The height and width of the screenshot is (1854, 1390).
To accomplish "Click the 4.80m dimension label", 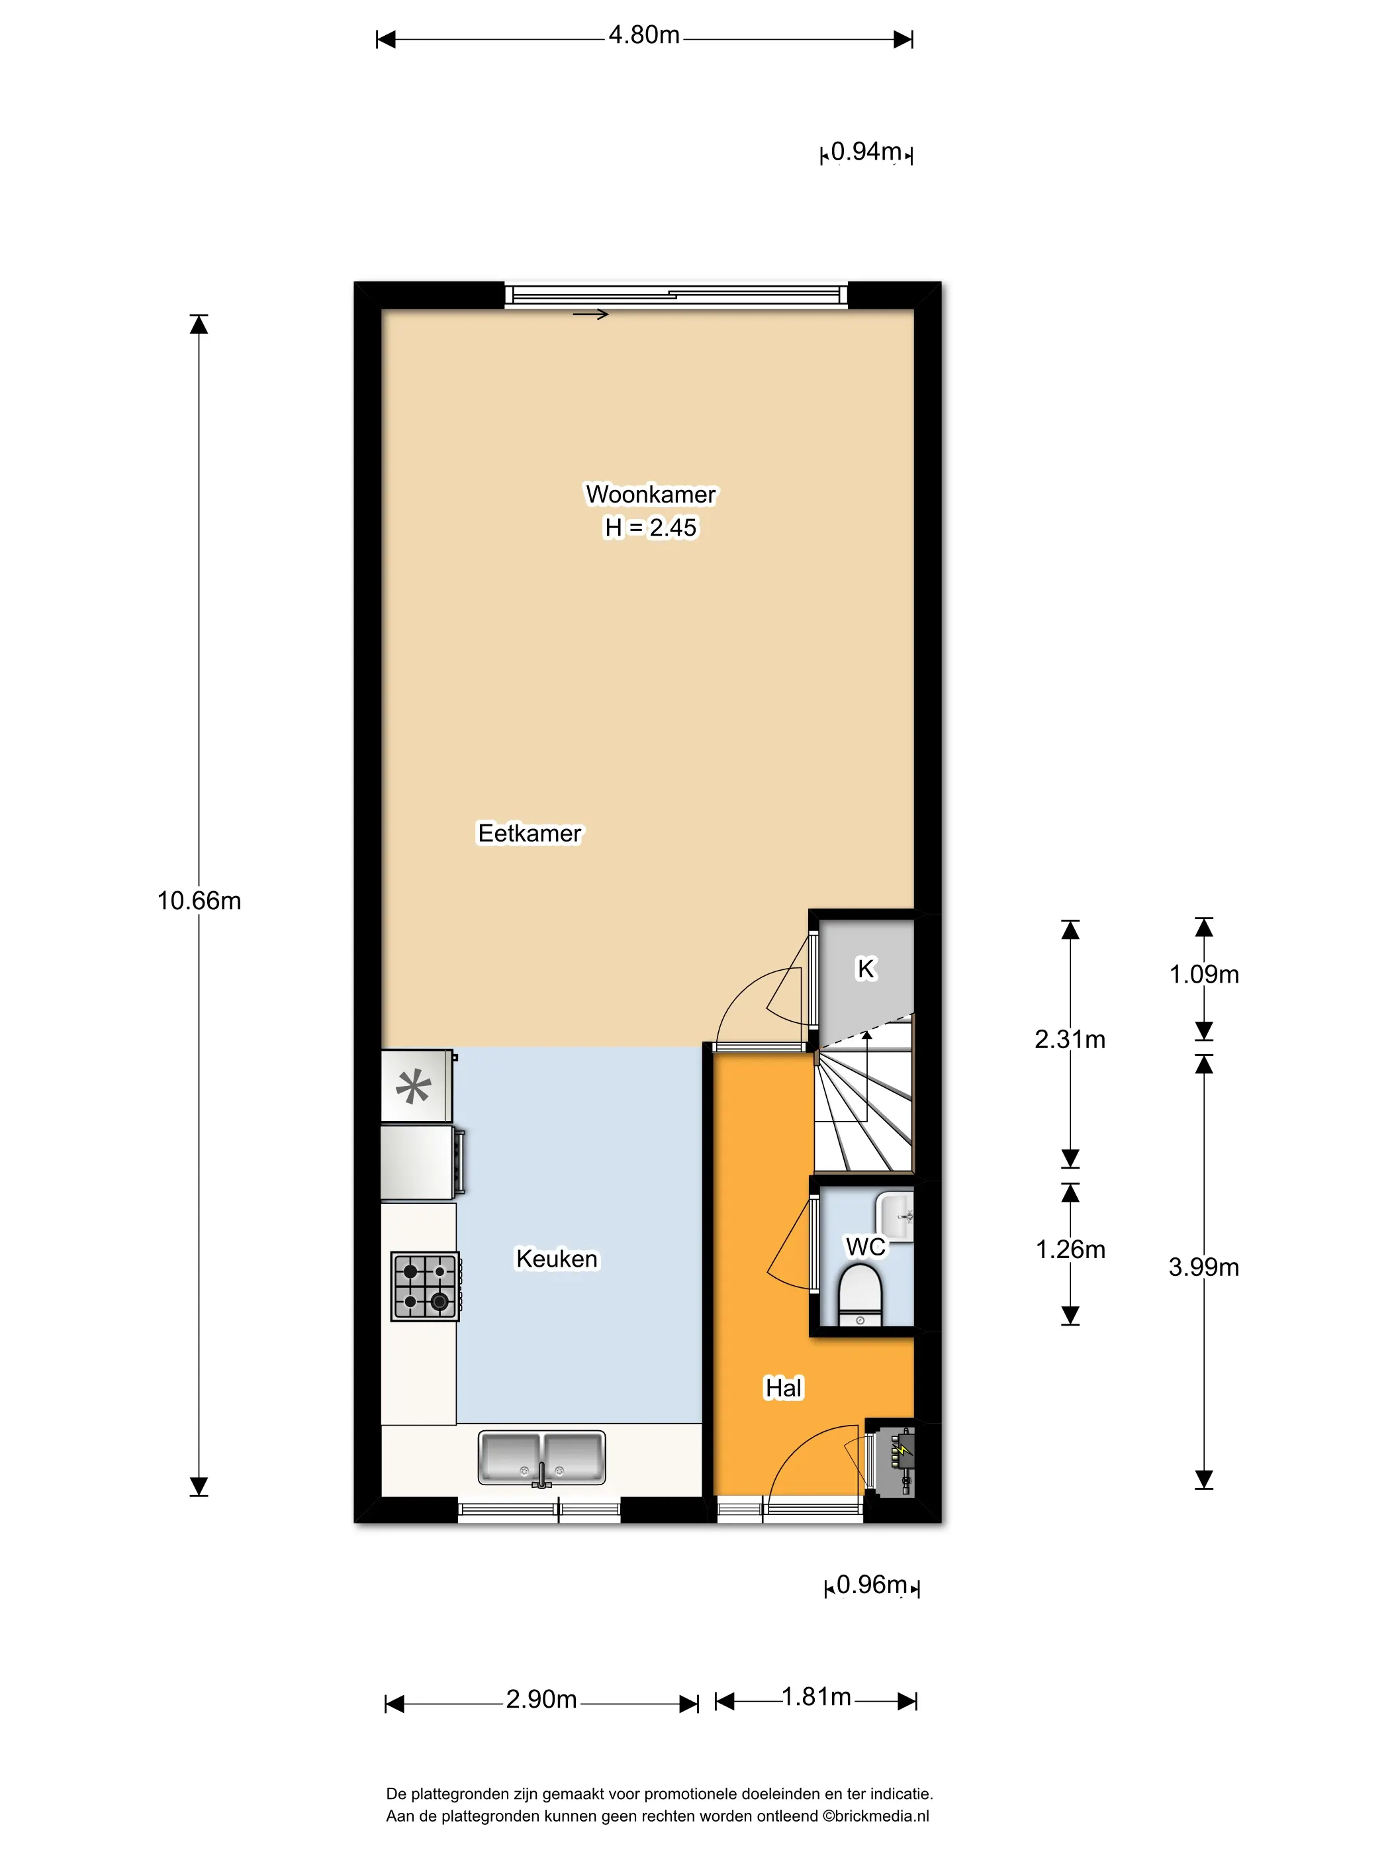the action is click(643, 35).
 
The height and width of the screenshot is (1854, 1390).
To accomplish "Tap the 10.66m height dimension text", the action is click(199, 901).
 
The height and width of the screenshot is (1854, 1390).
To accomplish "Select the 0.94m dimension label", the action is click(866, 152).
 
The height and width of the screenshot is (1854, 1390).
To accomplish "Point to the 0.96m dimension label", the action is click(871, 1585).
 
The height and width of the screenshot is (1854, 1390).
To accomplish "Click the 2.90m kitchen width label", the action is click(541, 1699).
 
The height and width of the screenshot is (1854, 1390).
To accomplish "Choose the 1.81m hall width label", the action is click(816, 1697).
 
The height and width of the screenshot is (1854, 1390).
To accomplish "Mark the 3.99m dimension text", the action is click(1204, 1267).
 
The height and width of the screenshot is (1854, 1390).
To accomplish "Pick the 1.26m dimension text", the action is click(1070, 1249).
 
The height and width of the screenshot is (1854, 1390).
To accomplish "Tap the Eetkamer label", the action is click(530, 833).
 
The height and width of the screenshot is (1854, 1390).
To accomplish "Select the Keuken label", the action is click(557, 1259).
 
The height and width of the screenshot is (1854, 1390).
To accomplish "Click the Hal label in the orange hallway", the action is click(784, 1388).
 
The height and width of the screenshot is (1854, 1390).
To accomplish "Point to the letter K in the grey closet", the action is click(866, 969).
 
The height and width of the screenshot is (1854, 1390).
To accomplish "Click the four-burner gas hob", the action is click(426, 1287).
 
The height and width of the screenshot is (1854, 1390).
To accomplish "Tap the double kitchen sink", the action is click(541, 1459).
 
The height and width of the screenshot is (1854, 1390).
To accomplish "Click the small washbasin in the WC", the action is click(895, 1217).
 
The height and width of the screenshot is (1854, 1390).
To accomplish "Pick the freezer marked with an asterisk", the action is click(417, 1087).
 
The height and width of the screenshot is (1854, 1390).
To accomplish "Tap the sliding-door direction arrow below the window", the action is click(590, 315).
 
